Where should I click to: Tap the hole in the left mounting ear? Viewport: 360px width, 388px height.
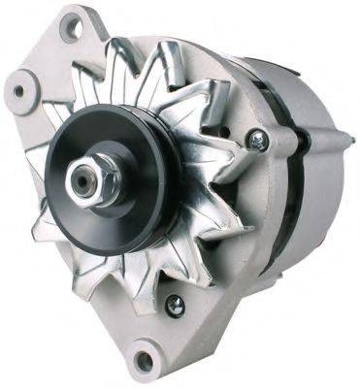tap(18, 92)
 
